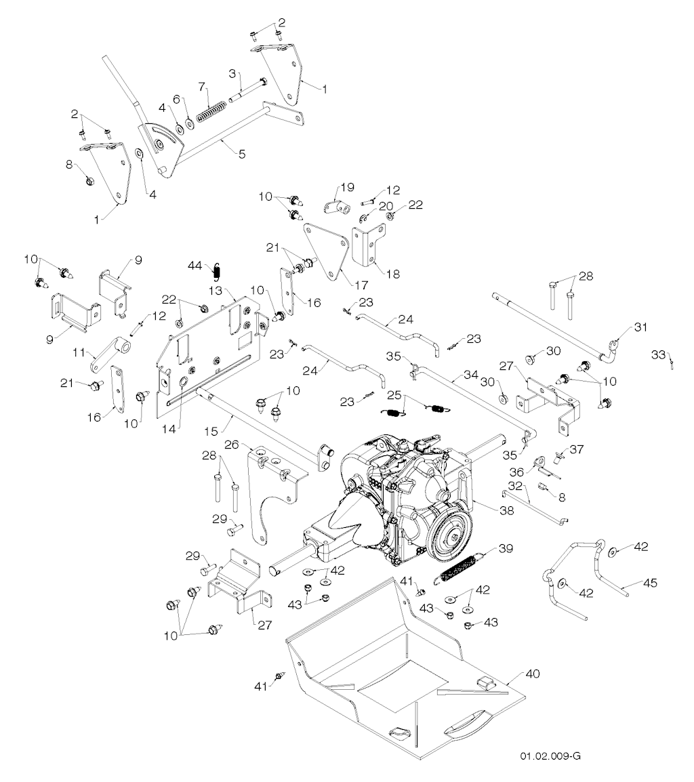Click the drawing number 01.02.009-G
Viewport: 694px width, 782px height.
pyautogui.click(x=550, y=756)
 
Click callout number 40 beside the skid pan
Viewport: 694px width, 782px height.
pyautogui.click(x=532, y=674)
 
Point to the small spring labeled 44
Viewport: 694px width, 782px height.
pyautogui.click(x=217, y=271)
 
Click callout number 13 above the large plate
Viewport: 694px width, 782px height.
pyautogui.click(x=216, y=290)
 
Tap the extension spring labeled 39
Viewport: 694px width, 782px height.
pyautogui.click(x=460, y=567)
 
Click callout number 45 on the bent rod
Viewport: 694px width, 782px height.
pyautogui.click(x=650, y=583)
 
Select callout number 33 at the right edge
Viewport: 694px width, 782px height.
pyautogui.click(x=659, y=354)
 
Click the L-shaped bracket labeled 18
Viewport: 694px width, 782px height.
pyautogui.click(x=369, y=245)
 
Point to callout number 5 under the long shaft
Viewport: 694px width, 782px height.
pyautogui.click(x=242, y=154)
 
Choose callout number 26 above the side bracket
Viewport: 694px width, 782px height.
pyautogui.click(x=232, y=444)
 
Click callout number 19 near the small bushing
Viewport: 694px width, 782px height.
pyautogui.click(x=347, y=187)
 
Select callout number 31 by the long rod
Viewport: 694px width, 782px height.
pyautogui.click(x=640, y=327)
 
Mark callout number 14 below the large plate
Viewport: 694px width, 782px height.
pyautogui.click(x=169, y=428)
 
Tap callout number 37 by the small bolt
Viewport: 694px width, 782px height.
pyautogui.click(x=577, y=449)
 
